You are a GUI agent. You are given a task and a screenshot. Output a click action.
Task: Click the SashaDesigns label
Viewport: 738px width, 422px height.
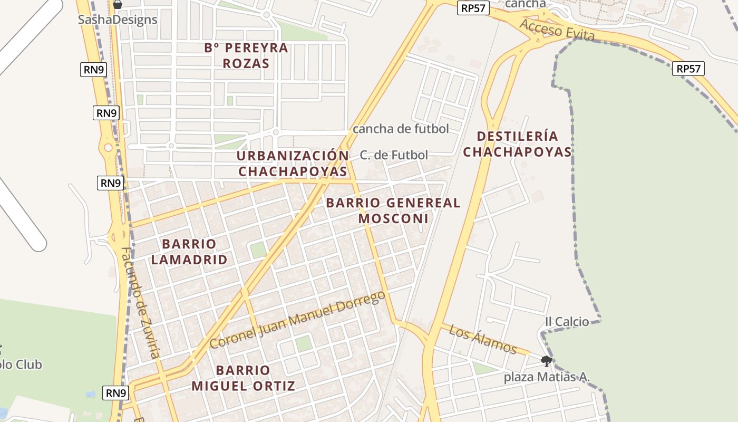click(x=118, y=20)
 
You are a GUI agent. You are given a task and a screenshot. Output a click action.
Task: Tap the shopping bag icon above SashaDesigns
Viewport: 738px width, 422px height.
click(x=118, y=5)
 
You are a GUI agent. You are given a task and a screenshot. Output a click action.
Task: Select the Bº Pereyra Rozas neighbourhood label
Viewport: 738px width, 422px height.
click(x=246, y=55)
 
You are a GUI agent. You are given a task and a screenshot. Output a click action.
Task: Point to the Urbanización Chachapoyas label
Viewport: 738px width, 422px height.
click(x=293, y=164)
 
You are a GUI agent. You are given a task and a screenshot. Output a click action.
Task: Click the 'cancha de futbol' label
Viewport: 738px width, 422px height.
click(x=401, y=129)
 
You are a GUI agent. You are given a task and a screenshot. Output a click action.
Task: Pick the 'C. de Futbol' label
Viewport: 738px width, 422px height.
click(x=394, y=155)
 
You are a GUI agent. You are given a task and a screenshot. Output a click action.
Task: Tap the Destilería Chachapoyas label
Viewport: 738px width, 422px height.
click(x=517, y=144)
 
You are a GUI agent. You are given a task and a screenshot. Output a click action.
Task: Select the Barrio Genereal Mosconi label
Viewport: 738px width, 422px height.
click(x=393, y=210)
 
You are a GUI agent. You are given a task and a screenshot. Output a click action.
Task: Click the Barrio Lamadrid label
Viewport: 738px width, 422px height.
click(x=189, y=252)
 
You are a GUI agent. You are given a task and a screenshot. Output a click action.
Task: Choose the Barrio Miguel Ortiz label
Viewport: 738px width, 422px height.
click(x=243, y=378)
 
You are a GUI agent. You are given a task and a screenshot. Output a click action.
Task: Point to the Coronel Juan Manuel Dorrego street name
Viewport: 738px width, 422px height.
click(x=298, y=320)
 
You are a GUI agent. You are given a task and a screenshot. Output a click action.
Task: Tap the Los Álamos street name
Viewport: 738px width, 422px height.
click(x=482, y=339)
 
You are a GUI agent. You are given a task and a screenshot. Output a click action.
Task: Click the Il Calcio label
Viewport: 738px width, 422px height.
click(x=567, y=322)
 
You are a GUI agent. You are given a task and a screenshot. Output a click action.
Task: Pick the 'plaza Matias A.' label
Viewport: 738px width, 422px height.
click(x=547, y=377)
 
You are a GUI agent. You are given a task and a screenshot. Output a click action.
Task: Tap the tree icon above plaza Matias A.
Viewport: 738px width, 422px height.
click(x=547, y=361)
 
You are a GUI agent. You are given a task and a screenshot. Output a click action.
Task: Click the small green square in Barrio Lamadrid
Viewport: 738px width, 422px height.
click(x=258, y=250)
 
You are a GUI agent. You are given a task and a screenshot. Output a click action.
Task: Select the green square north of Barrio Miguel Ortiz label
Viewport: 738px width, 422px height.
click(x=303, y=344)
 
